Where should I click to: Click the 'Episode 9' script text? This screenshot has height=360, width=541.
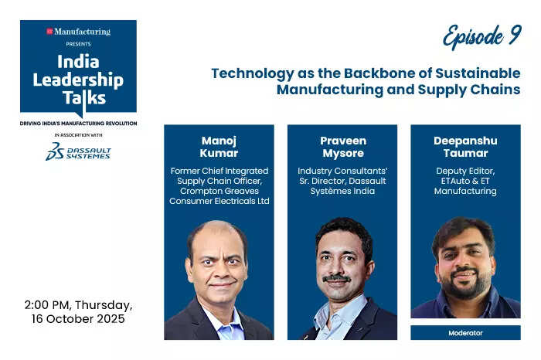pos(481,36)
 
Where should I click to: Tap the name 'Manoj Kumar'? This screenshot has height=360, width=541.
pos(219,148)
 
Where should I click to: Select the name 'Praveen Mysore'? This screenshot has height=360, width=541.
pos(342,148)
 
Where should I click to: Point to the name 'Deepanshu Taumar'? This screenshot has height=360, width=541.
pos(465,148)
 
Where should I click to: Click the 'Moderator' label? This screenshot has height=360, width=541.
pos(465,333)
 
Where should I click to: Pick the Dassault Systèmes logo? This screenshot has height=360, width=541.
pos(77,151)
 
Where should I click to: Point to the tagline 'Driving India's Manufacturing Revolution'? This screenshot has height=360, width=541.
pos(78,124)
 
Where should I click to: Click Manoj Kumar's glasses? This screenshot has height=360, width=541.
pos(217,259)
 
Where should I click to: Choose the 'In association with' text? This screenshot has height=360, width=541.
pos(78,135)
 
